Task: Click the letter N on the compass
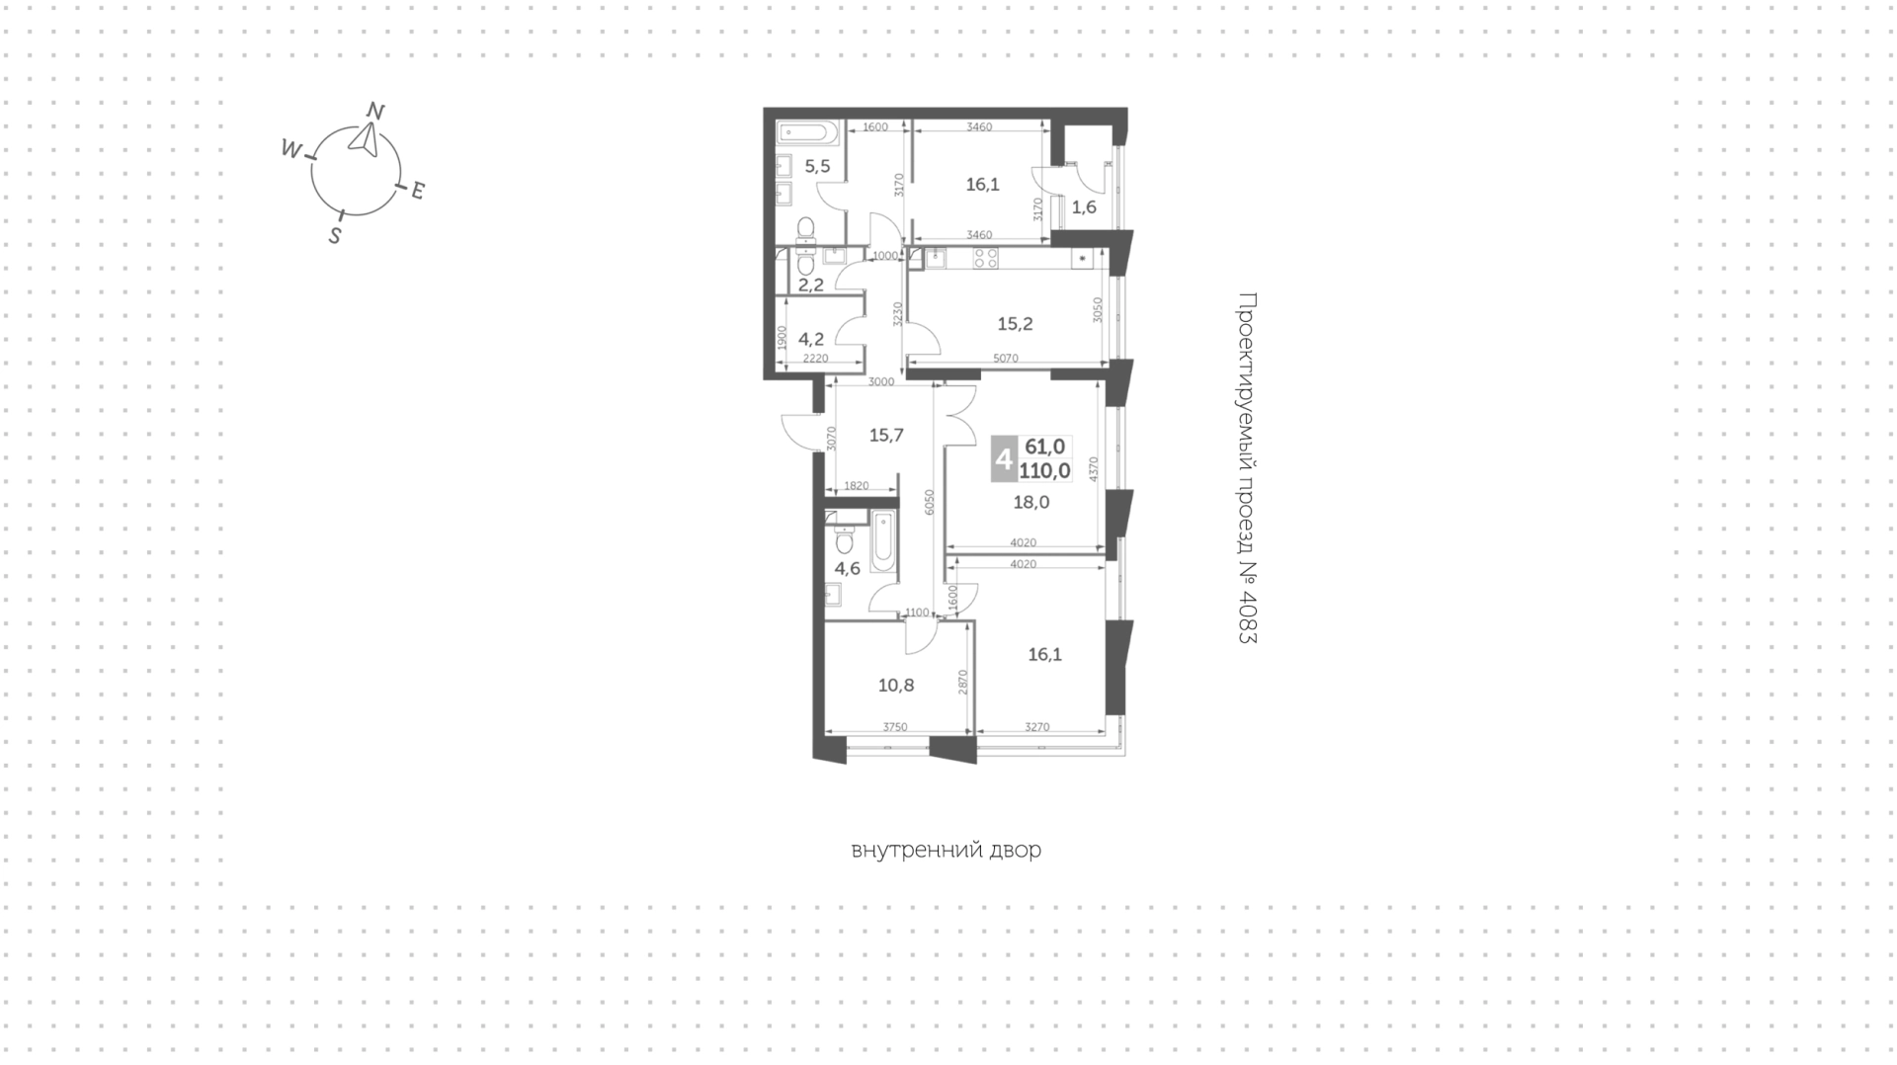tap(375, 111)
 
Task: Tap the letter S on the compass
tap(335, 236)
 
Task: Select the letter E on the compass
tap(417, 191)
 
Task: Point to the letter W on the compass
tap(290, 149)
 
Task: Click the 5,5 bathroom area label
tap(817, 166)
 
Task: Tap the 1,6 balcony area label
tap(1084, 207)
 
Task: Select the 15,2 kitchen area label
tap(1015, 323)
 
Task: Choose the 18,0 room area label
tap(1031, 502)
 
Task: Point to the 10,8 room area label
tap(896, 685)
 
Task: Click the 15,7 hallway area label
tap(886, 435)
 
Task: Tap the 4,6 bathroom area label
tap(847, 568)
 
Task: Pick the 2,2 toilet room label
tap(811, 286)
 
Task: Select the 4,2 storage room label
tap(811, 339)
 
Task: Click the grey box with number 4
tap(1004, 459)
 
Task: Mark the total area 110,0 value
tap(1044, 471)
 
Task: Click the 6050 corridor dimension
tap(929, 503)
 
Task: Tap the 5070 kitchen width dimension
tap(1005, 359)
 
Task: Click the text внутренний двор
tap(946, 850)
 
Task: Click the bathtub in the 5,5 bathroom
tap(807, 132)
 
